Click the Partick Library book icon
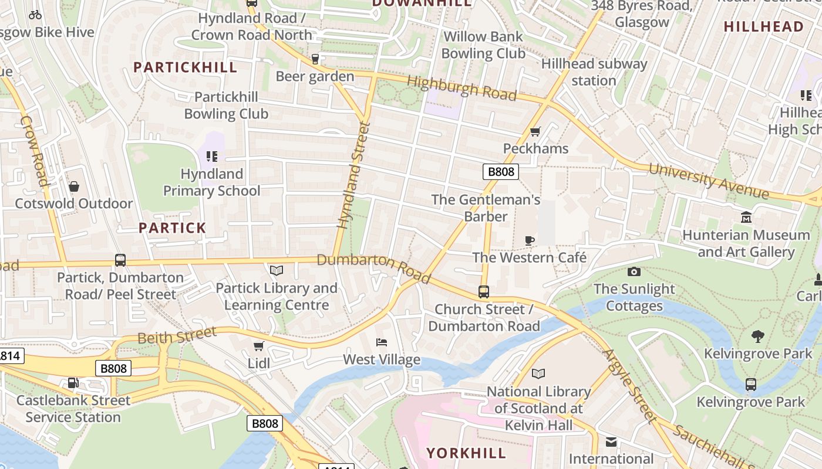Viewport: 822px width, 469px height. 276,270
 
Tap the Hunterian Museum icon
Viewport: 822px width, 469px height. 746,217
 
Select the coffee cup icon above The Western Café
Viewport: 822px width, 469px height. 529,240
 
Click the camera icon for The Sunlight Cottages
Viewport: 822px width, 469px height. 634,271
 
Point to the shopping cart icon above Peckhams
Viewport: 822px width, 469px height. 535,131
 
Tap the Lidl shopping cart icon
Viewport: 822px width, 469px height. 258,346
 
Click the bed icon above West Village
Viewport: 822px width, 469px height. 382,342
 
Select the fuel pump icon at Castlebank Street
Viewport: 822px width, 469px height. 73,383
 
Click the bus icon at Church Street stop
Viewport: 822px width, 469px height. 483,291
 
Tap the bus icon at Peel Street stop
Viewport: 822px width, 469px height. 120,260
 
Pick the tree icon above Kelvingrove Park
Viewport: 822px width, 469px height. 758,336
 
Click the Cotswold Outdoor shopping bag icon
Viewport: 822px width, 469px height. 74,186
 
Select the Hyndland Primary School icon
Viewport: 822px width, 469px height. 212,157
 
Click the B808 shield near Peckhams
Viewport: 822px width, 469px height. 501,171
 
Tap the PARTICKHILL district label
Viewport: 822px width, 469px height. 185,67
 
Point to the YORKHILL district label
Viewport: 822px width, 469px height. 466,453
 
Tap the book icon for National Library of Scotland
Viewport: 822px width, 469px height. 538,373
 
